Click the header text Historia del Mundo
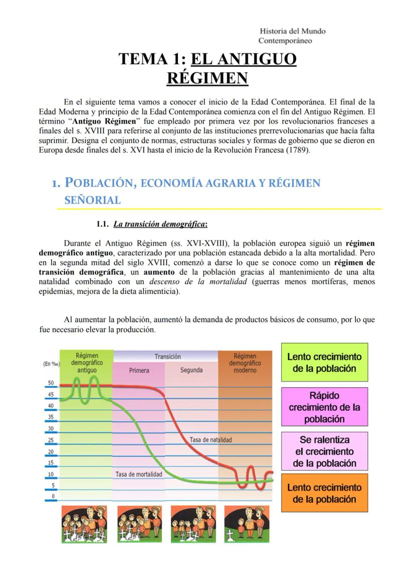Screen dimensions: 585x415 tap(293, 31)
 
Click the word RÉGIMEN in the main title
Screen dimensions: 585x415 tap(207, 79)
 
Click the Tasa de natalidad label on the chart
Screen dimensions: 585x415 tap(211, 439)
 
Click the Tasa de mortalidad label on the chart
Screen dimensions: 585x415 tap(139, 474)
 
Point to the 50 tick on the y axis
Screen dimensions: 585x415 tap(51, 382)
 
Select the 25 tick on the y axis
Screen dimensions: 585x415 tap(51, 440)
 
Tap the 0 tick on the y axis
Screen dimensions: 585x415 tap(52, 496)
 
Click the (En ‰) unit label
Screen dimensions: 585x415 tap(51, 364)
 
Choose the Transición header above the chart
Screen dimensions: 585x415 tap(167, 357)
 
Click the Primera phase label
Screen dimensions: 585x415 tap(139, 370)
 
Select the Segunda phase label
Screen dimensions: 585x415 tap(191, 370)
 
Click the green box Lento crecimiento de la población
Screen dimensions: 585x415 tap(324, 362)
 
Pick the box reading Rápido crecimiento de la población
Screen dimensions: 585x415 tap(324, 407)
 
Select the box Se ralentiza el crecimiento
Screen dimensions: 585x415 tap(324, 451)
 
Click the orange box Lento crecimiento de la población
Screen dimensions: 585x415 tap(324, 493)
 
